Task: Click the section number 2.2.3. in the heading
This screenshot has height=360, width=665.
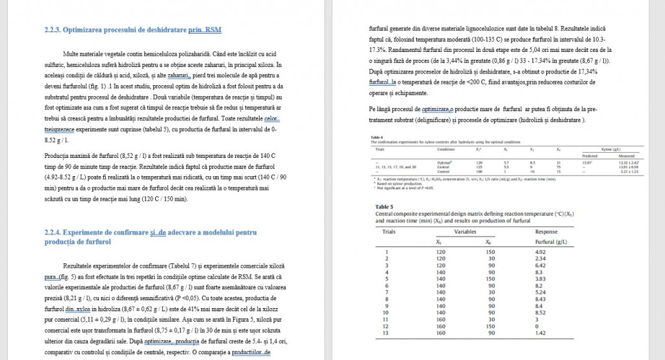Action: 54,30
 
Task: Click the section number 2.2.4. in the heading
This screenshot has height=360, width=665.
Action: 54,232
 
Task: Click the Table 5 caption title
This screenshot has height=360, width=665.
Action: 385,207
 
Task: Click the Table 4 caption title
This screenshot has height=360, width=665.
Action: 376,137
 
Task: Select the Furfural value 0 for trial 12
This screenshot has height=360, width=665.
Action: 537,326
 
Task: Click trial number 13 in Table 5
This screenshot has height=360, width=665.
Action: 388,333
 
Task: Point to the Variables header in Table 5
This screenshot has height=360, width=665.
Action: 465,231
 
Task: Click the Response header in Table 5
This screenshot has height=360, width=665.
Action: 546,231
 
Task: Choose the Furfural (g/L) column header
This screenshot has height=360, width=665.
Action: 551,242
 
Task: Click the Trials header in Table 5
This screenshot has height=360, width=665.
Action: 389,231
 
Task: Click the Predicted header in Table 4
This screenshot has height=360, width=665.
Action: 589,156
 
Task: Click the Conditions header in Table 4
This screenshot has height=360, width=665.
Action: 446,149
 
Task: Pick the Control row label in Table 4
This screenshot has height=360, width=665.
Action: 444,171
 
